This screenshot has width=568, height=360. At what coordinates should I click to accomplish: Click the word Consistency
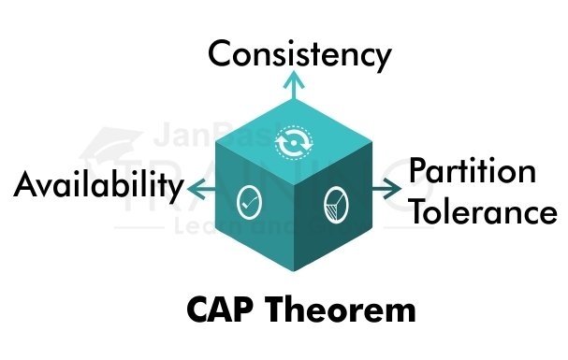pyautogui.click(x=299, y=53)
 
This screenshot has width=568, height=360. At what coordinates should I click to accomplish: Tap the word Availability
pyautogui.click(x=100, y=186)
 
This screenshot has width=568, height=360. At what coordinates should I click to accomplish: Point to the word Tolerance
pyautogui.click(x=482, y=212)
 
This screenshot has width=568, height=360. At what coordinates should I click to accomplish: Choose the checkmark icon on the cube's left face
pyautogui.click(x=250, y=200)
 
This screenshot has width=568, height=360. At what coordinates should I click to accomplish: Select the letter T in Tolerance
pyautogui.click(x=418, y=212)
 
